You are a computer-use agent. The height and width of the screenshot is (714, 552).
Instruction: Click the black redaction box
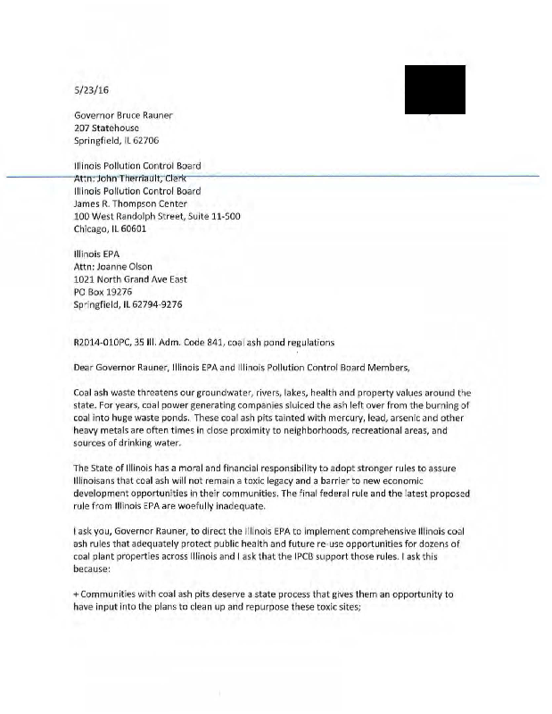point(434,89)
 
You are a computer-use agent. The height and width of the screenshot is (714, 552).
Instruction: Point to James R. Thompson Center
point(131,203)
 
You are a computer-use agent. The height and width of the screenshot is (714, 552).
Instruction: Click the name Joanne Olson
point(126,266)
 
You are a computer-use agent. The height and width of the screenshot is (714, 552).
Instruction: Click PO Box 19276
point(103,291)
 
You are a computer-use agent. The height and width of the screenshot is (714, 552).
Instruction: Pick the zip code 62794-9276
point(155,303)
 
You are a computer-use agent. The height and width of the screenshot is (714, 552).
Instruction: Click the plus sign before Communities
point(77,594)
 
